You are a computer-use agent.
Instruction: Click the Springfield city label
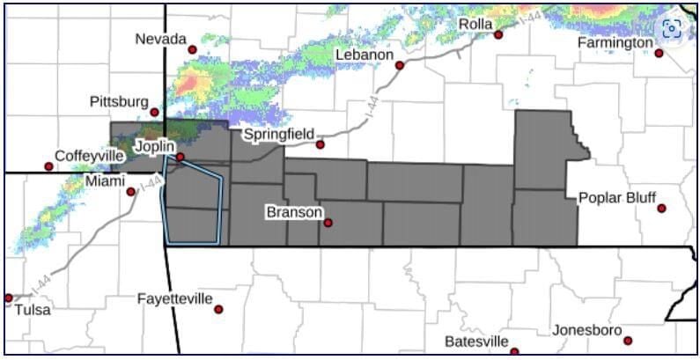click(278, 135)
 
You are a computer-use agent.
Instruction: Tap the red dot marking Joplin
click(180, 157)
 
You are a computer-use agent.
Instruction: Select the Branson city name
click(293, 212)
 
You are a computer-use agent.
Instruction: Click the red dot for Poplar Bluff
click(661, 209)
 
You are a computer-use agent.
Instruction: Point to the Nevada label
click(160, 39)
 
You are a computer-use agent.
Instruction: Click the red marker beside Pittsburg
click(154, 112)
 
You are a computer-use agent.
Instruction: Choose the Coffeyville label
click(89, 155)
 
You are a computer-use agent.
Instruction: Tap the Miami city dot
click(130, 191)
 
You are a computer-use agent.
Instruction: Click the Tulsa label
click(33, 309)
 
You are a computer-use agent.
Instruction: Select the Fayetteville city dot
click(218, 309)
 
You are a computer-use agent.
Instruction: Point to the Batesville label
click(476, 341)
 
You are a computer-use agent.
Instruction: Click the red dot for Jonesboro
click(628, 341)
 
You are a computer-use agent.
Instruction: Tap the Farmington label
click(615, 43)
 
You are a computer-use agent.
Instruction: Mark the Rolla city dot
click(497, 35)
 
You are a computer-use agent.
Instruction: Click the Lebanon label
click(365, 55)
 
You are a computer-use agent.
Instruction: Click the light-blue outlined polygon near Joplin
click(192, 207)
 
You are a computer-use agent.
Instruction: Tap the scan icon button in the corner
click(672, 28)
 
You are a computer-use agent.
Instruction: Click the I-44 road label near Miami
click(150, 185)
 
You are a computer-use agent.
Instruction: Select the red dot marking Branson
click(328, 223)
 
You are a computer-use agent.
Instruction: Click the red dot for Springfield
click(321, 144)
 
